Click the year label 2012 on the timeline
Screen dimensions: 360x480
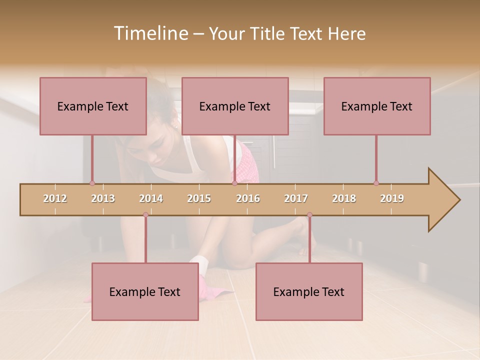[55, 198]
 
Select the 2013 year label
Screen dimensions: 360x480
[103, 198]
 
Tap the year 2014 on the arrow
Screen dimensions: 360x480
[151, 198]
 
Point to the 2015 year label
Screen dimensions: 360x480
[199, 198]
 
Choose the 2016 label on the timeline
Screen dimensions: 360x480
[248, 198]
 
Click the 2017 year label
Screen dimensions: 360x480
[296, 198]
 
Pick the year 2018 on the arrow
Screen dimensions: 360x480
[344, 198]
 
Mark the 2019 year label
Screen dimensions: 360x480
[392, 198]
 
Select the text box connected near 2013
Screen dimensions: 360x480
[93, 106]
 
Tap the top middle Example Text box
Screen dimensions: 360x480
[235, 106]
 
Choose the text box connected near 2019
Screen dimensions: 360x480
[377, 106]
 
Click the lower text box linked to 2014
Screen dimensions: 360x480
[145, 291]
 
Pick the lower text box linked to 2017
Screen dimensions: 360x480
[309, 291]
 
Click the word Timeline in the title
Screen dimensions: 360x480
[150, 33]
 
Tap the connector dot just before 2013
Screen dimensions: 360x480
[92, 183]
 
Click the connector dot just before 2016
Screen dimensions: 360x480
[234, 183]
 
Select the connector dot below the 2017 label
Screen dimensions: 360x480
[309, 215]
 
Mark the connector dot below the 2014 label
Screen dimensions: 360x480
[145, 215]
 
